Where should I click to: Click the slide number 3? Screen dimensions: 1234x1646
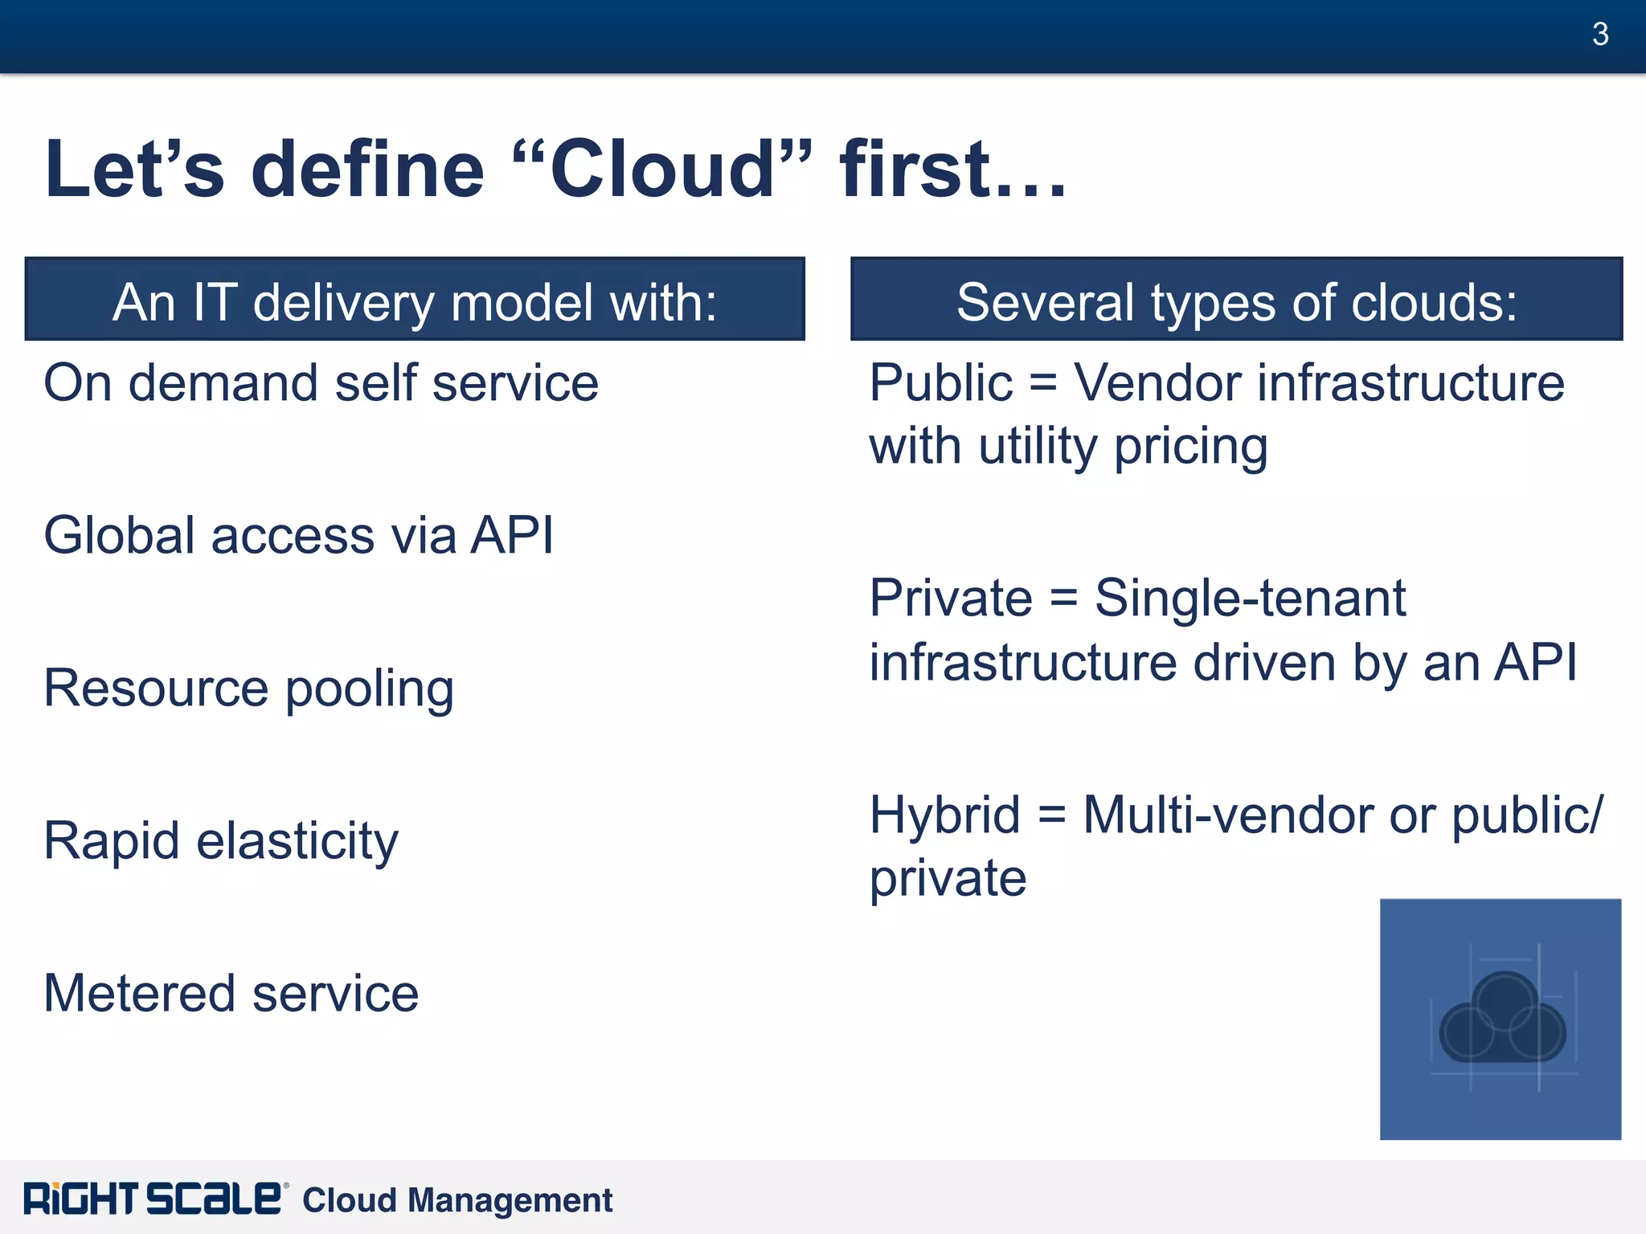pos(1599,35)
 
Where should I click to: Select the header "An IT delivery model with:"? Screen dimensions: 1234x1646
pos(415,302)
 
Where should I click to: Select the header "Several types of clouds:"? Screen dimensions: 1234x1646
pos(1236,302)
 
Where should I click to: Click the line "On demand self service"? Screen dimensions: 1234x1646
pos(321,382)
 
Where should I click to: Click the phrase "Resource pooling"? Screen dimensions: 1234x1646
pos(248,689)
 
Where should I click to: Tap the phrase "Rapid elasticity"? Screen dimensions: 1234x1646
pos(220,841)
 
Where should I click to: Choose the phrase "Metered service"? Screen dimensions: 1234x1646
pos(231,994)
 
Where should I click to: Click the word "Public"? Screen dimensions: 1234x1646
pos(940,382)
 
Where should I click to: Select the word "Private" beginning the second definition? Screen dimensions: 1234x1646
pos(951,599)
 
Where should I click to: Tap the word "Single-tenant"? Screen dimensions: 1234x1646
pos(1250,599)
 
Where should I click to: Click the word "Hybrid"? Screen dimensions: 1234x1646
pos(944,815)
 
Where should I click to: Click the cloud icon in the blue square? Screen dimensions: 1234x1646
pos(1501,1019)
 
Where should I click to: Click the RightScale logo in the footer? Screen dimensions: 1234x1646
pos(152,1199)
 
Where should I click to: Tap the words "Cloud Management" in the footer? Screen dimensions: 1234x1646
pos(457,1200)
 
